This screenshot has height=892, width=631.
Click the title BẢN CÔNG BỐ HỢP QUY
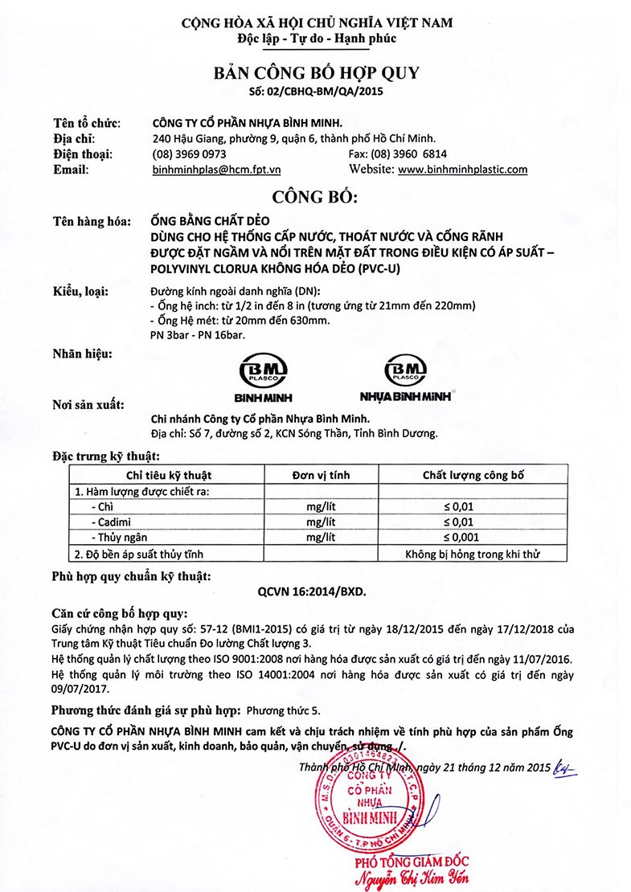tap(316, 73)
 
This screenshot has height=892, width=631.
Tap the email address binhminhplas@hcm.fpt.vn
tap(216, 170)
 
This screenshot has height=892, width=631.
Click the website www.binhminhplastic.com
tap(463, 170)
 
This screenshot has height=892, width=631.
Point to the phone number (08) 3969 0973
tap(189, 153)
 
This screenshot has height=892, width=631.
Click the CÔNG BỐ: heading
tap(316, 197)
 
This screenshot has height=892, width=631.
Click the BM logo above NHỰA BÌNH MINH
tap(406, 370)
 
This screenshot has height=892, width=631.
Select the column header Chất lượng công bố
tap(473, 475)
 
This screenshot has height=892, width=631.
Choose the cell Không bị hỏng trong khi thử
tap(473, 554)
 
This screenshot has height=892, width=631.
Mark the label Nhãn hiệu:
tap(83, 354)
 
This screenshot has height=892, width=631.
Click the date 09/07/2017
tap(80, 689)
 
